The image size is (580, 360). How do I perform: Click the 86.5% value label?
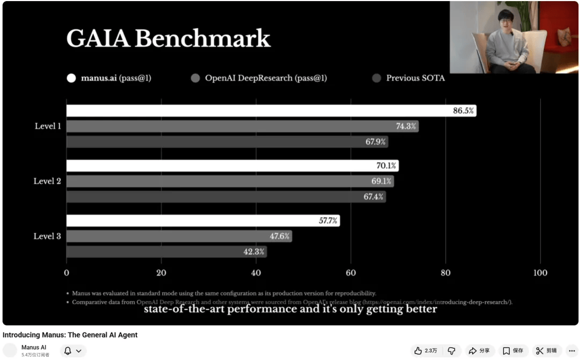(x=463, y=111)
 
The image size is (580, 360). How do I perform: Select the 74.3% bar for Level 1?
(x=242, y=126)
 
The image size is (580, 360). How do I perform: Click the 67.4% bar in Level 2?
(x=226, y=197)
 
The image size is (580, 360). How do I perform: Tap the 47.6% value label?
(x=280, y=236)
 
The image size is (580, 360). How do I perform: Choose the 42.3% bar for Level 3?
(x=166, y=251)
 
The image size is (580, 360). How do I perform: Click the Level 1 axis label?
(x=47, y=126)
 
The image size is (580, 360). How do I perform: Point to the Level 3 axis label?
(x=47, y=236)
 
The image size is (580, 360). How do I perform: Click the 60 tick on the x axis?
(x=351, y=272)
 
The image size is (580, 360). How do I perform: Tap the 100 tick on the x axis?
(x=540, y=272)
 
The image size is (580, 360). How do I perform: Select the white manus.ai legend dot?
(x=71, y=78)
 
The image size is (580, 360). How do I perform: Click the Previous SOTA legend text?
(x=415, y=78)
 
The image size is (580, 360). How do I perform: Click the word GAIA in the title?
(x=97, y=39)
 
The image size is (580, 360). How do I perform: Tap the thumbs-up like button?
(x=418, y=350)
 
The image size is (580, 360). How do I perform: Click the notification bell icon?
(x=68, y=350)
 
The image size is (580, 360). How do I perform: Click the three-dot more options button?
(x=571, y=350)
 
